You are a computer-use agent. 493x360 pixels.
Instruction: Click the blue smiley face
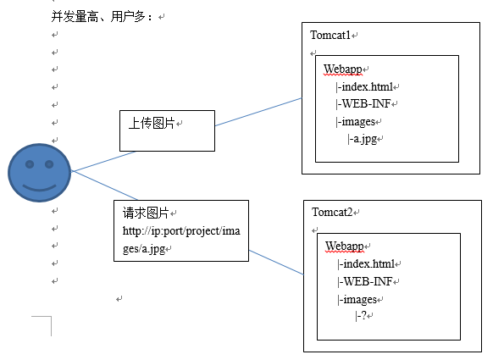coord(40,174)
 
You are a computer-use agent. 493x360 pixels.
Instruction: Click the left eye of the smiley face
coord(29,163)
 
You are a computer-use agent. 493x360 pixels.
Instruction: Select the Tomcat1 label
coord(331,35)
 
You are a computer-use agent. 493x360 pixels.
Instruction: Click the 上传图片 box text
coord(152,124)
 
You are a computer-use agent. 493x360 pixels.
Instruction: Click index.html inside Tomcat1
coord(367,86)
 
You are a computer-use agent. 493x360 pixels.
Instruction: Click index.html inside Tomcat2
coord(368,264)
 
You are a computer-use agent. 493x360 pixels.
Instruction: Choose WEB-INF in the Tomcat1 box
coord(366,103)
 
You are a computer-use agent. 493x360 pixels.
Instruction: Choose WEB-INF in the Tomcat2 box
coord(368,281)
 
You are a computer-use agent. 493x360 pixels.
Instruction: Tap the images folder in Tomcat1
coord(357,121)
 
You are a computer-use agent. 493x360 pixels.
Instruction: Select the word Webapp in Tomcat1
coord(342,69)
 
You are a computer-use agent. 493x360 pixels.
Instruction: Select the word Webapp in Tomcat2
coord(344,246)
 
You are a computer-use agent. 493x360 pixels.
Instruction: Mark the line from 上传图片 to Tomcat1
coord(258,112)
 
